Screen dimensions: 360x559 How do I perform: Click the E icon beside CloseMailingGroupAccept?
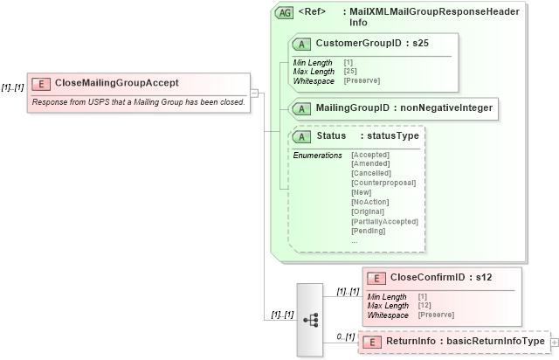pyautogui.click(x=40, y=83)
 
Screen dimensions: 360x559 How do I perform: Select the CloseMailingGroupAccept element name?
pyautogui.click(x=116, y=83)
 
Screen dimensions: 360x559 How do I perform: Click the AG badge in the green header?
pyautogui.click(x=284, y=13)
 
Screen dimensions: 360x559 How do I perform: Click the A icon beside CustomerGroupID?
pyautogui.click(x=301, y=43)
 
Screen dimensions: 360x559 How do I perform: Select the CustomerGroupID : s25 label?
pyautogui.click(x=372, y=43)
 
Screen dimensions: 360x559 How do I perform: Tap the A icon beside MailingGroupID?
pyautogui.click(x=301, y=108)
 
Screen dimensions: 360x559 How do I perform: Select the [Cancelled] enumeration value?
pyautogui.click(x=370, y=173)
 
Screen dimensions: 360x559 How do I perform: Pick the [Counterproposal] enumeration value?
pyautogui.click(x=382, y=183)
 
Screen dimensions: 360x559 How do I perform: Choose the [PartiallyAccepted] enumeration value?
pyautogui.click(x=384, y=221)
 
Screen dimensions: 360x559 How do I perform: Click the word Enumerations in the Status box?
pyautogui.click(x=317, y=155)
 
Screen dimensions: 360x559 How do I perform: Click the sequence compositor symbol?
pyautogui.click(x=310, y=320)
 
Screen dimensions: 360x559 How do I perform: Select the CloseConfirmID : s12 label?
pyautogui.click(x=441, y=278)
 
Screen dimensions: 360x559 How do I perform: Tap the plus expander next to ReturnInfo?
pyautogui.click(x=553, y=342)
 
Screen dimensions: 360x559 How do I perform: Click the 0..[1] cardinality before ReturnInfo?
pyautogui.click(x=346, y=336)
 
